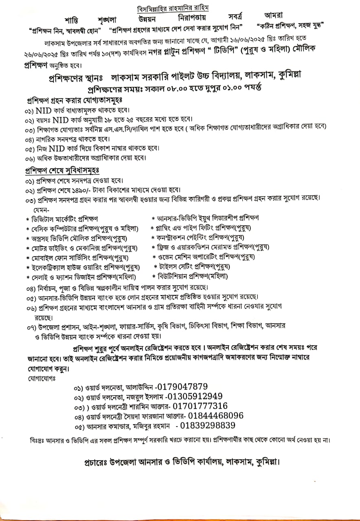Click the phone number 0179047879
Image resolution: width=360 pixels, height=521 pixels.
(x=182, y=387)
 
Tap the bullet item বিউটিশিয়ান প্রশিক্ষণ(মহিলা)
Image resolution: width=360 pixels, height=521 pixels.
(x=193, y=276)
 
